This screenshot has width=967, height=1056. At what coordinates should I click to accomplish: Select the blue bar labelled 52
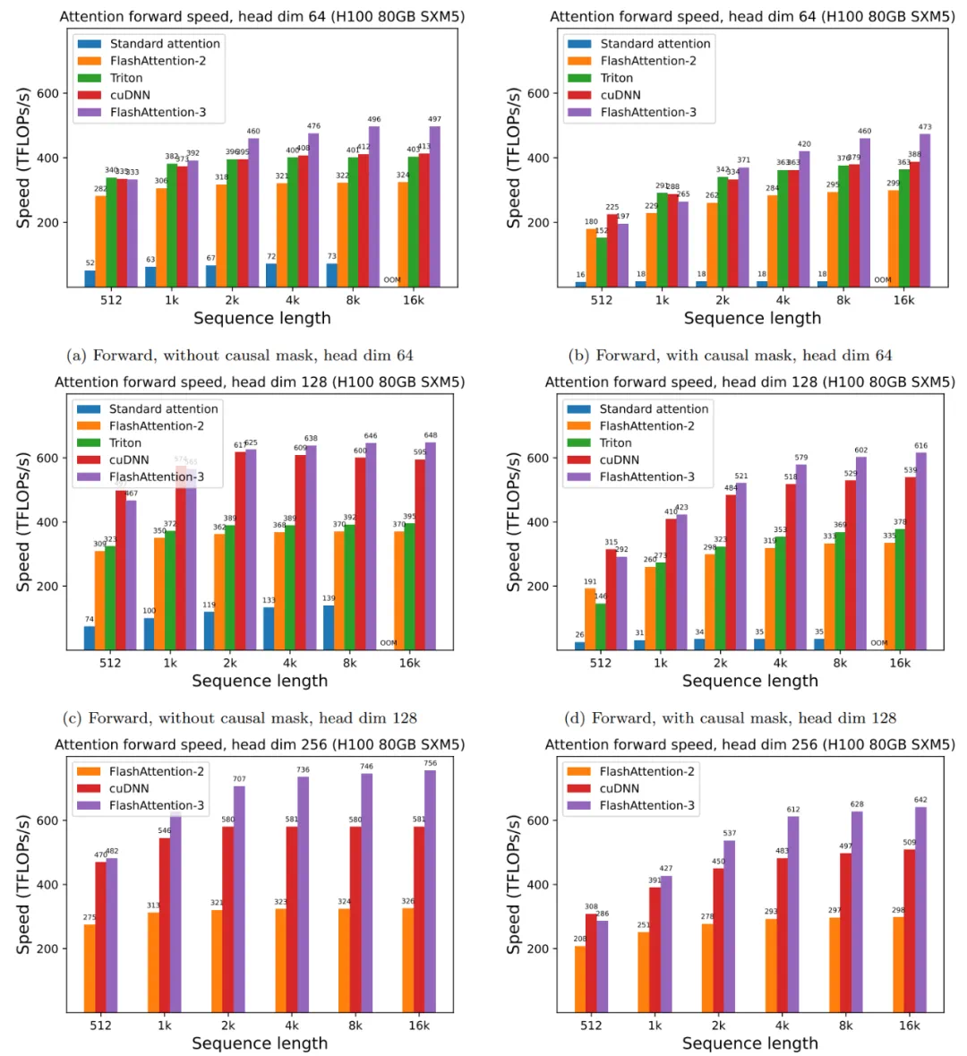(90, 278)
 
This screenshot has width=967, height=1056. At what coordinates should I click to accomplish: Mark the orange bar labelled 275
(90, 968)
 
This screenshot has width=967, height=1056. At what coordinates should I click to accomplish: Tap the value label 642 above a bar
(920, 800)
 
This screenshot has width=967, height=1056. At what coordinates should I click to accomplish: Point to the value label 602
(861, 451)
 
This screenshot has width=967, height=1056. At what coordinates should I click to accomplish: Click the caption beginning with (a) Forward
(240, 356)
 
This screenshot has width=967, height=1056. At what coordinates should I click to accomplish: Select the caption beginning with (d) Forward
(731, 717)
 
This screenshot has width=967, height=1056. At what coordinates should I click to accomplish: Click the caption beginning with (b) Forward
(731, 356)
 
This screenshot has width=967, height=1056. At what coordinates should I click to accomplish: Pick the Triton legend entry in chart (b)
(617, 78)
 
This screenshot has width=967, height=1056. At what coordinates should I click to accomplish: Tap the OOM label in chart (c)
(389, 643)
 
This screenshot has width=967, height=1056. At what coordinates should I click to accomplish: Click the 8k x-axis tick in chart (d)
(840, 663)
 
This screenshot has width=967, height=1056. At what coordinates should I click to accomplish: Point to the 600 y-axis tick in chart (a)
(48, 93)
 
